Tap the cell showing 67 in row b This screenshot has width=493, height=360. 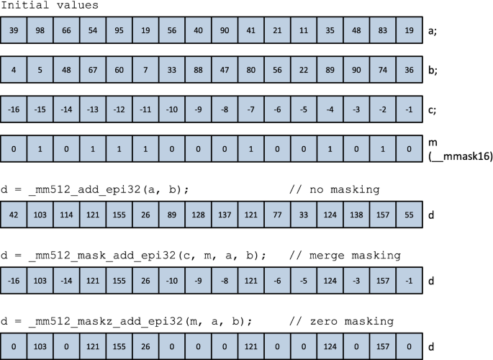click(91, 71)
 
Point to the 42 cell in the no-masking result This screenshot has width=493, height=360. click(14, 215)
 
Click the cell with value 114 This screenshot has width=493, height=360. click(65, 215)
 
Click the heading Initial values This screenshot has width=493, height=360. click(50, 6)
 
